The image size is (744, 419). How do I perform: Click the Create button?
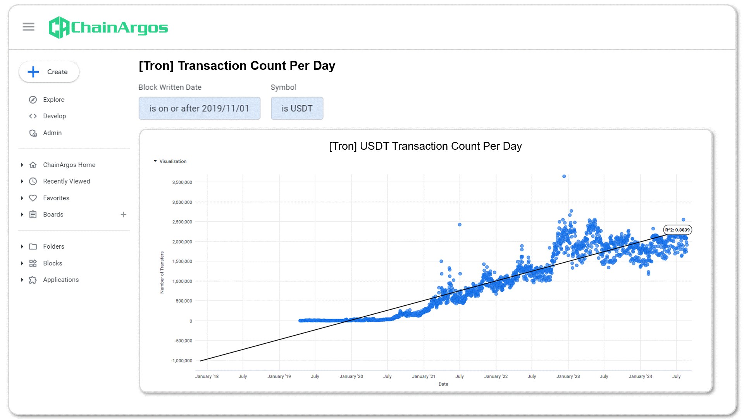pos(49,72)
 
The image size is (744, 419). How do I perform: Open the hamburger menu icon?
pos(28,27)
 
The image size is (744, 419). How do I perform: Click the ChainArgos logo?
pos(108,28)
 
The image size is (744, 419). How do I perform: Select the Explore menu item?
pos(53,100)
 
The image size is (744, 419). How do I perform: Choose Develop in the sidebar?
pos(54,116)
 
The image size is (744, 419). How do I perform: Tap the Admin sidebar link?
pos(52,133)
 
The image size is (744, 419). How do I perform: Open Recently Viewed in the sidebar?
pos(66,181)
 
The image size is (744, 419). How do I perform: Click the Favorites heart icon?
pos(33,198)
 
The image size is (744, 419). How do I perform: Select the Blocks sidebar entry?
pos(52,263)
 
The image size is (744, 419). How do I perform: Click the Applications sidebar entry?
pos(60,280)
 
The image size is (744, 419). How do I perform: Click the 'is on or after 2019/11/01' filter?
pos(199,108)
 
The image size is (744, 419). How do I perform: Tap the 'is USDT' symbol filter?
pos(297,108)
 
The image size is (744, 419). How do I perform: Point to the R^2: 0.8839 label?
pos(677,230)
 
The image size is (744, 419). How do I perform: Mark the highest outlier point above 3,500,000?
pos(564,176)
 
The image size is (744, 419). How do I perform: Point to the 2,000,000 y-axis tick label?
pos(182,242)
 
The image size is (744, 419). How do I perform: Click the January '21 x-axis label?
pos(424,376)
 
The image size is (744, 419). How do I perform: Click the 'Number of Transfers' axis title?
pos(162,272)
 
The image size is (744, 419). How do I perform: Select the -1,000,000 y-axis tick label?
pos(182,360)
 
